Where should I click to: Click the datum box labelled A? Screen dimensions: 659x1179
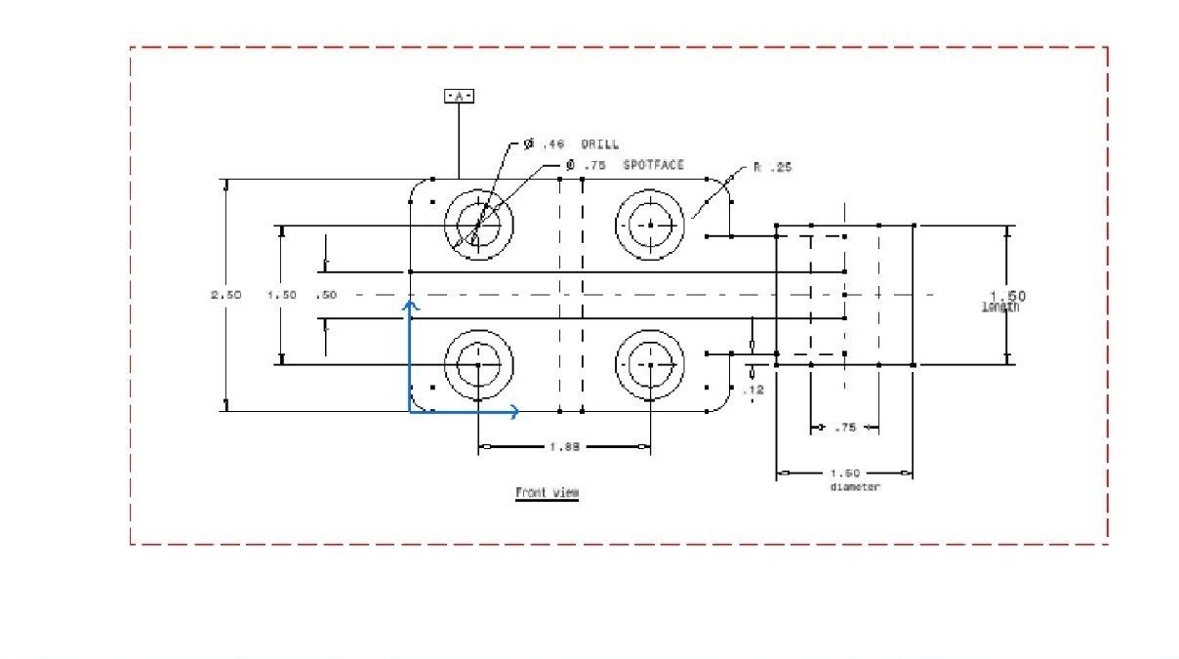coord(459,96)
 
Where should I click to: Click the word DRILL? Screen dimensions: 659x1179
coord(600,144)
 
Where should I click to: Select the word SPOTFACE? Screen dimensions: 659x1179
coord(653,165)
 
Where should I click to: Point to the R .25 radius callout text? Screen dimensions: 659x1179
coord(772,167)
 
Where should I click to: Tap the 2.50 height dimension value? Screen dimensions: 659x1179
coord(225,295)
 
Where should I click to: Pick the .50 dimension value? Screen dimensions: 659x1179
coord(326,295)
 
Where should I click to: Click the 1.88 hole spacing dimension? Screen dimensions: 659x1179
coord(564,446)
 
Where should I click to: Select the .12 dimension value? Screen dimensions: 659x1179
coord(752,390)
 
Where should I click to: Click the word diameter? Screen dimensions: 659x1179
coord(854,486)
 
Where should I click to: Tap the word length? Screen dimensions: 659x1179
coord(1000,308)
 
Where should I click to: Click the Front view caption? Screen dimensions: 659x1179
coord(547,493)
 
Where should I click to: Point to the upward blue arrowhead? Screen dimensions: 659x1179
coord(411,306)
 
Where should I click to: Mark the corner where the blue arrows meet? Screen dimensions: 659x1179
coord(411,411)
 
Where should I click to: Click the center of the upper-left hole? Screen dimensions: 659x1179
coord(478,225)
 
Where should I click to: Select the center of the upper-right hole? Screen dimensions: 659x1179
coord(650,225)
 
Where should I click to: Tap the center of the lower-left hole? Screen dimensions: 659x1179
coord(478,365)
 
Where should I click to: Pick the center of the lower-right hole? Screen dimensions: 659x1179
coord(650,365)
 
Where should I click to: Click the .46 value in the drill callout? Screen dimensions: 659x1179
coord(553,144)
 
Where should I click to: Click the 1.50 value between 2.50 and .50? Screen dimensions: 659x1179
coord(282,295)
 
